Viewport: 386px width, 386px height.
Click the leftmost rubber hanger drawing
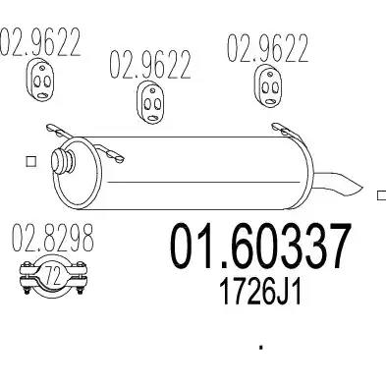click(39, 82)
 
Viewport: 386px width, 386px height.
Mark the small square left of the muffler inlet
click(29, 162)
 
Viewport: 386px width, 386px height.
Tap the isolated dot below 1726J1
click(260, 345)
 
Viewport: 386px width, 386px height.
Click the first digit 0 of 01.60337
click(183, 247)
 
